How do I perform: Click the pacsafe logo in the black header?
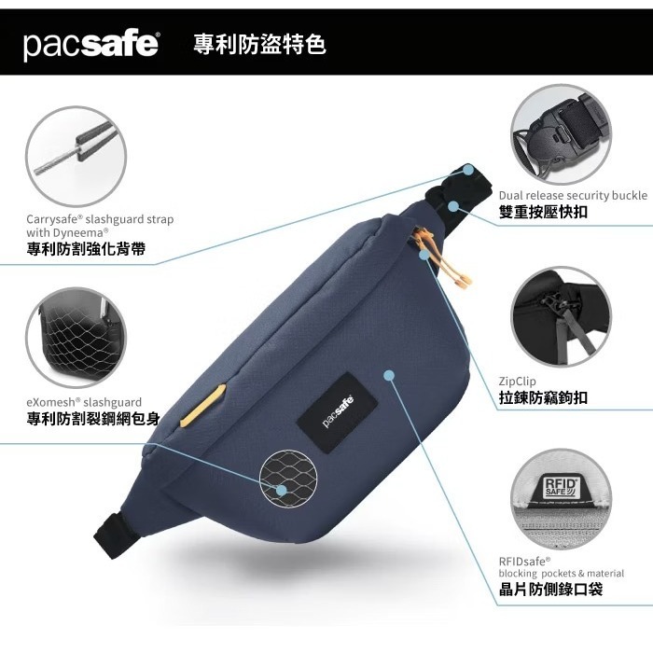(x=91, y=44)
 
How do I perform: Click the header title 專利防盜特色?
(x=259, y=44)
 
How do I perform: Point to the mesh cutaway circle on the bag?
(x=285, y=473)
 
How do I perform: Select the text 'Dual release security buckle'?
(x=573, y=195)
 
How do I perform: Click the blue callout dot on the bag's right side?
(x=390, y=375)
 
